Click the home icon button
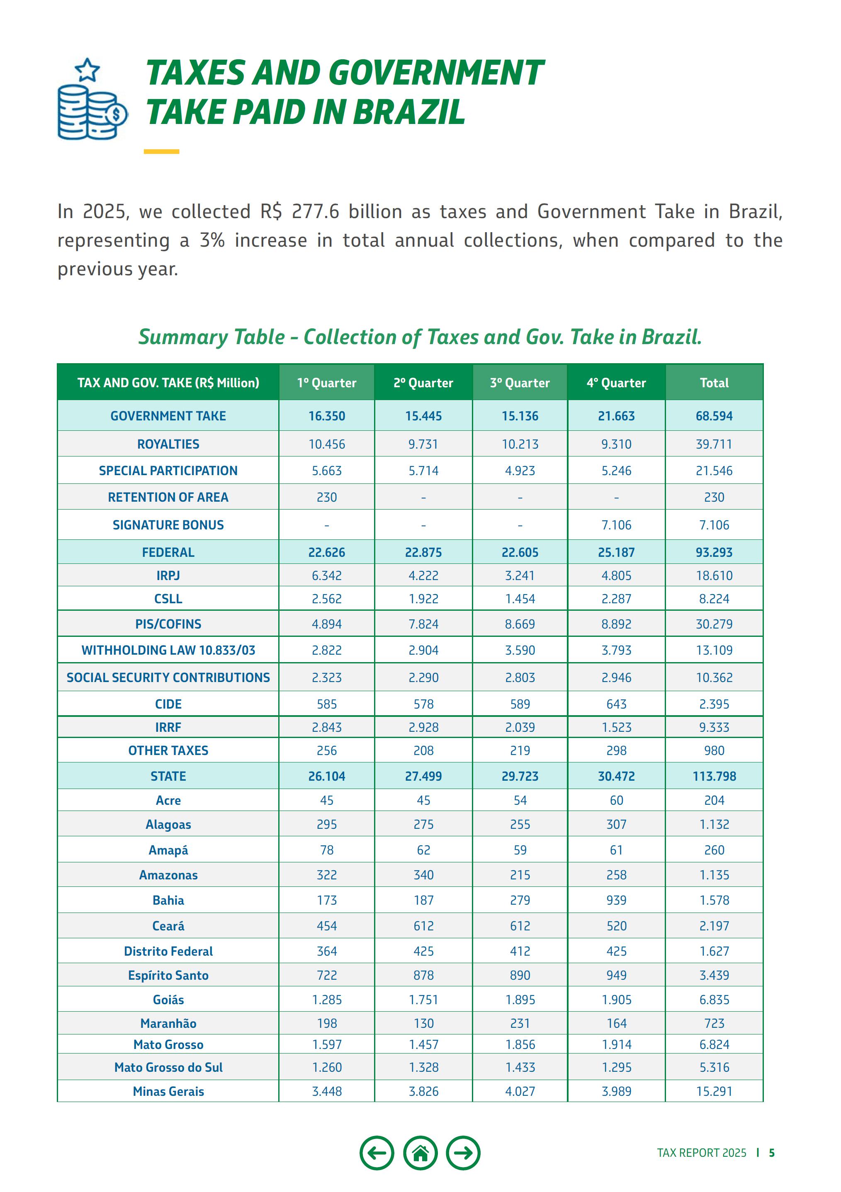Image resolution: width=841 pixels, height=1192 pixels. [x=420, y=1153]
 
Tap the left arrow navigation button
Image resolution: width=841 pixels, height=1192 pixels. [x=377, y=1153]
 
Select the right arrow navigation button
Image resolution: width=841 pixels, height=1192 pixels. [x=463, y=1153]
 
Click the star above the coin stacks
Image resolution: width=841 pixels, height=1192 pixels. [x=87, y=70]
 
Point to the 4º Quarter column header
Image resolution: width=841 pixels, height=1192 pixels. [x=616, y=383]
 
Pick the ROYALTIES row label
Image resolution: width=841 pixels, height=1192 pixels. [x=168, y=444]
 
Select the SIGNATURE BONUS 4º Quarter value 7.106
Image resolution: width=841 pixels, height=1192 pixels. [x=616, y=525]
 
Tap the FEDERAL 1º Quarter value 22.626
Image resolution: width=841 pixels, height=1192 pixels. [x=326, y=552]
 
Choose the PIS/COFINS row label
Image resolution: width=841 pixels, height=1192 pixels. [x=168, y=624]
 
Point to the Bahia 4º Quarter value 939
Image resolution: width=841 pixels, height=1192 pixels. [x=616, y=900]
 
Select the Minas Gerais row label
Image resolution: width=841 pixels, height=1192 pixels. [x=168, y=1091]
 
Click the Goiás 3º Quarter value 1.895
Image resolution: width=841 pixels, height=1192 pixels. [x=520, y=1000]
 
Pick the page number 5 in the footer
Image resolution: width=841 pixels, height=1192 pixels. [x=772, y=1153]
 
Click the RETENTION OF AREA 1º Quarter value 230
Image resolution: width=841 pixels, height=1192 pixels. [x=326, y=498]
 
